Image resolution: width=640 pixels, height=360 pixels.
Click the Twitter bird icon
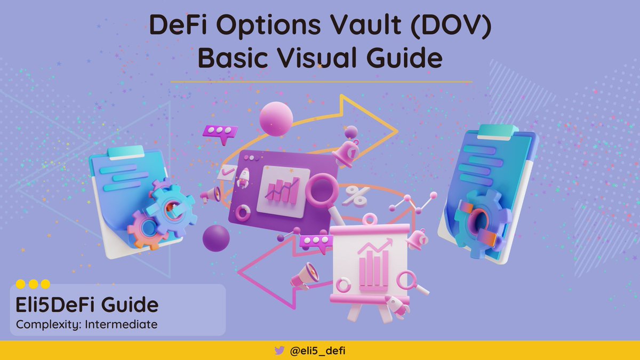click(x=279, y=350)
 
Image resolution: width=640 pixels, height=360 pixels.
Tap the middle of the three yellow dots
click(x=33, y=284)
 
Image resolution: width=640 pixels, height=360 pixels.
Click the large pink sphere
click(x=276, y=118)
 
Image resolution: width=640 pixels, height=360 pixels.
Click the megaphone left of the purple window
click(x=211, y=195)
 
